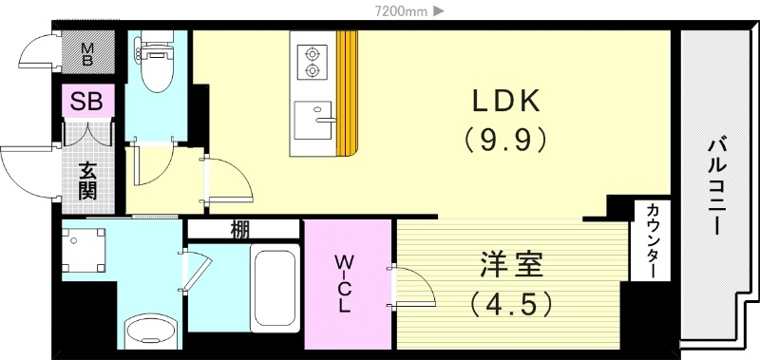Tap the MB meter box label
point(86,53)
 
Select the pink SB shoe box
point(87,100)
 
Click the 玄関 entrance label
point(87,180)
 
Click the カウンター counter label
point(654,241)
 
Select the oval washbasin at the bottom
point(152,332)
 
